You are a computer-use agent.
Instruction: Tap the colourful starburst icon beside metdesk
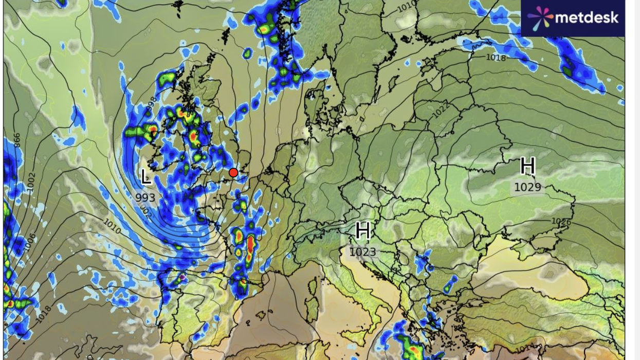pos(540,18)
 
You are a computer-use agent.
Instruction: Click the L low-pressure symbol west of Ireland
pos(146,177)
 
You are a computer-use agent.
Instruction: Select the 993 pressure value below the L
pos(145,197)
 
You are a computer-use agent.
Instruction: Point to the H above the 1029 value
pos(528,166)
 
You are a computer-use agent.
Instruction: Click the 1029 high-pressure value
pos(528,187)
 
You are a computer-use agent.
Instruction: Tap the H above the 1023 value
pos(363,231)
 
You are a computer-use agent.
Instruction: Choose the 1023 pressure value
pos(363,252)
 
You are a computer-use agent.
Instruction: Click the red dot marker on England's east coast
pos(233,172)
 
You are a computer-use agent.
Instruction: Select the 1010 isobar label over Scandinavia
pos(407,7)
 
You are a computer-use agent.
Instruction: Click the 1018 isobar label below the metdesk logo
pos(496,58)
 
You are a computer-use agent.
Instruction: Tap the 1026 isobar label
pos(561,221)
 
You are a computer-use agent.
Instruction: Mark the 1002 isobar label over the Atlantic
pos(31,183)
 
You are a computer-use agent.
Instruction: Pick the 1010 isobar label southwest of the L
pos(112,227)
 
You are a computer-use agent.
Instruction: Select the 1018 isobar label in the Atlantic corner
pos(44,314)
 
